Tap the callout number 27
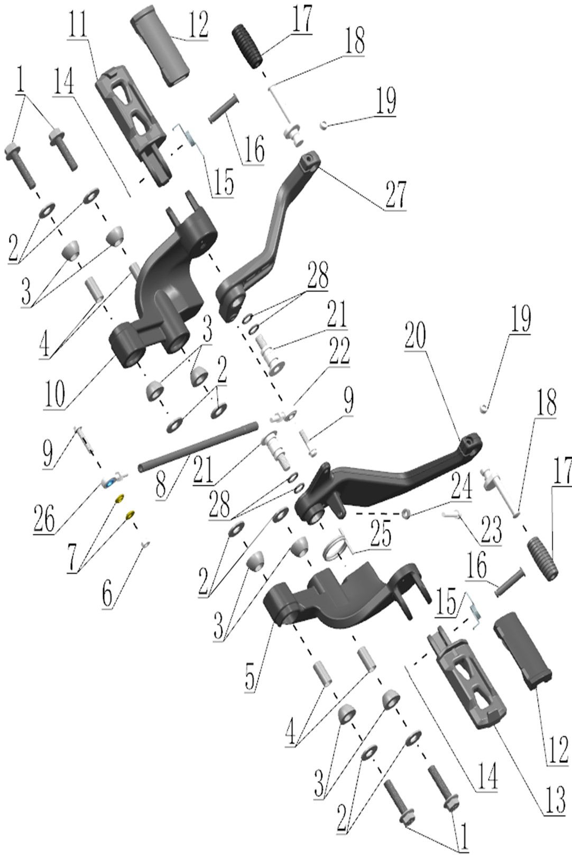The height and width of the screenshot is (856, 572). point(395,194)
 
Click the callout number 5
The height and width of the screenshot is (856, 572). point(250,676)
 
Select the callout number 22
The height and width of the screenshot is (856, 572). point(339,352)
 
